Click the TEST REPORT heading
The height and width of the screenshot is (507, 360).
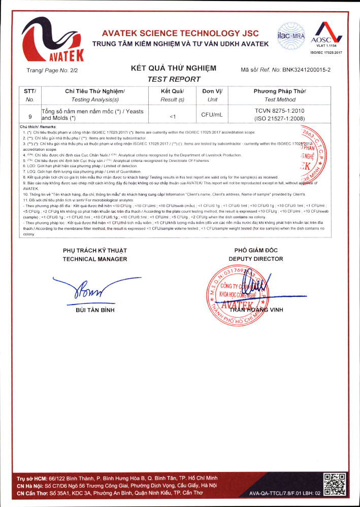point(174,79)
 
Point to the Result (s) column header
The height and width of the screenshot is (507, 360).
point(172,100)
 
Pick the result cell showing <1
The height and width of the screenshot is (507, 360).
point(172,116)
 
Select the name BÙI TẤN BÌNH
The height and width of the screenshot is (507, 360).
point(94,310)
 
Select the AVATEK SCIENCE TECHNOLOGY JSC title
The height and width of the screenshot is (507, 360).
point(180,33)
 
